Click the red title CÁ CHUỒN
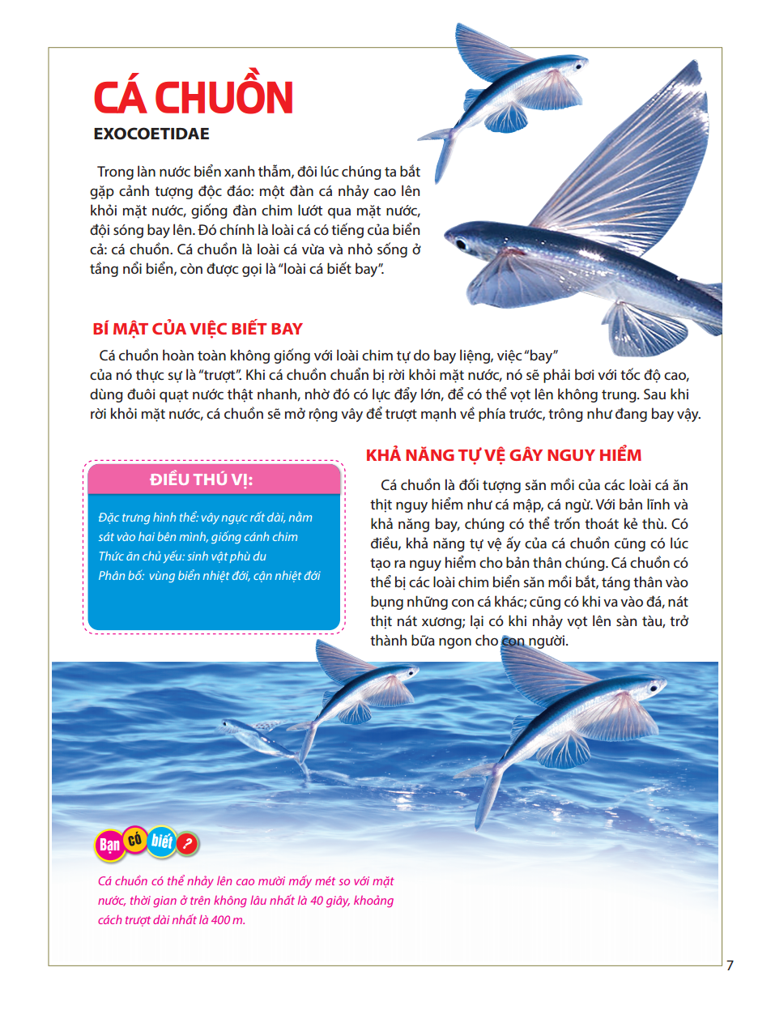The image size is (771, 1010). tap(193, 98)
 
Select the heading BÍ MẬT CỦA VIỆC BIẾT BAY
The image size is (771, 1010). tap(198, 329)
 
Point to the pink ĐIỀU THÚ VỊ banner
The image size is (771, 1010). tap(214, 479)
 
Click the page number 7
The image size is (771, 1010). tap(730, 965)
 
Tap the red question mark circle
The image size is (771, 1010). tap(188, 845)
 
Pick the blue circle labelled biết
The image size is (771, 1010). tap(161, 842)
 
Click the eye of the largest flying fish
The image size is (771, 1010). tap(461, 243)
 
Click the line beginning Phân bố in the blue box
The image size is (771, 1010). tap(209, 576)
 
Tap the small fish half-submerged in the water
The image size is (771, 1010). tap(243, 733)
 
